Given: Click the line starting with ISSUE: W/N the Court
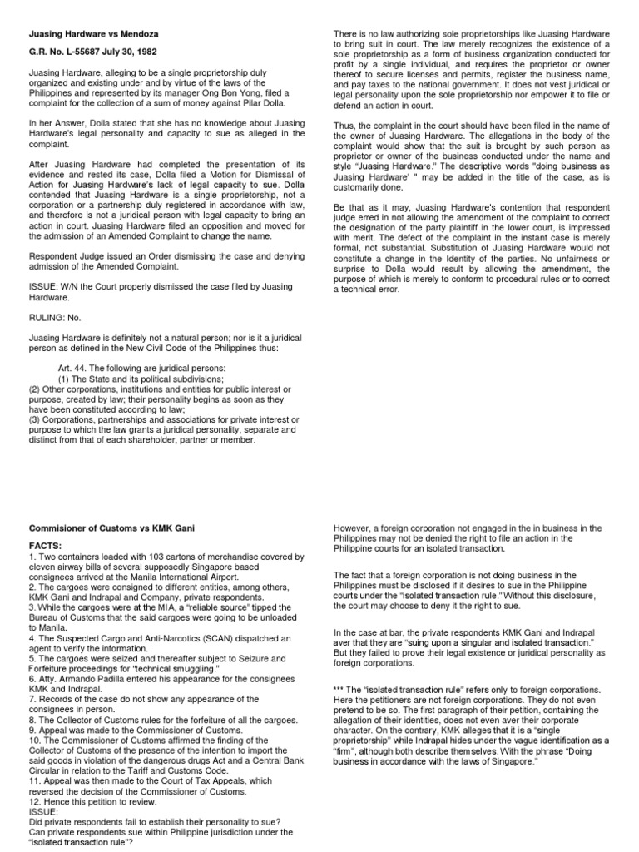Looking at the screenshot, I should [160, 286].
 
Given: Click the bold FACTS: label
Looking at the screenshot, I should [47, 547].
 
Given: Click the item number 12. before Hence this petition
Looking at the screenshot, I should [37, 800].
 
